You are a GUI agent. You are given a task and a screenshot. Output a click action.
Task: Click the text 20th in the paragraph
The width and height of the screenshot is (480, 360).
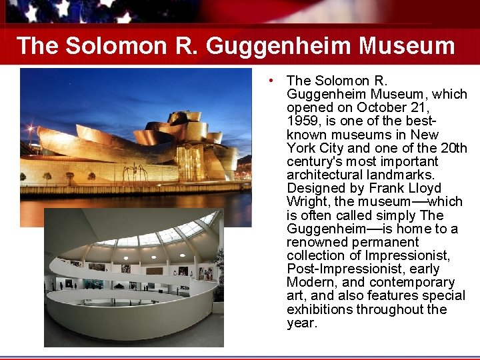[453, 148]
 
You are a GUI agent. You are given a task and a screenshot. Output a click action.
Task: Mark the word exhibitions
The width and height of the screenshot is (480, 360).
[319, 309]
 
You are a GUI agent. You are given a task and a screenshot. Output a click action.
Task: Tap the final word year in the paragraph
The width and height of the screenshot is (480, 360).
[301, 323]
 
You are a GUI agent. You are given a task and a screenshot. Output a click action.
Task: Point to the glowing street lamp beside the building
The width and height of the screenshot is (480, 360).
[31, 127]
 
